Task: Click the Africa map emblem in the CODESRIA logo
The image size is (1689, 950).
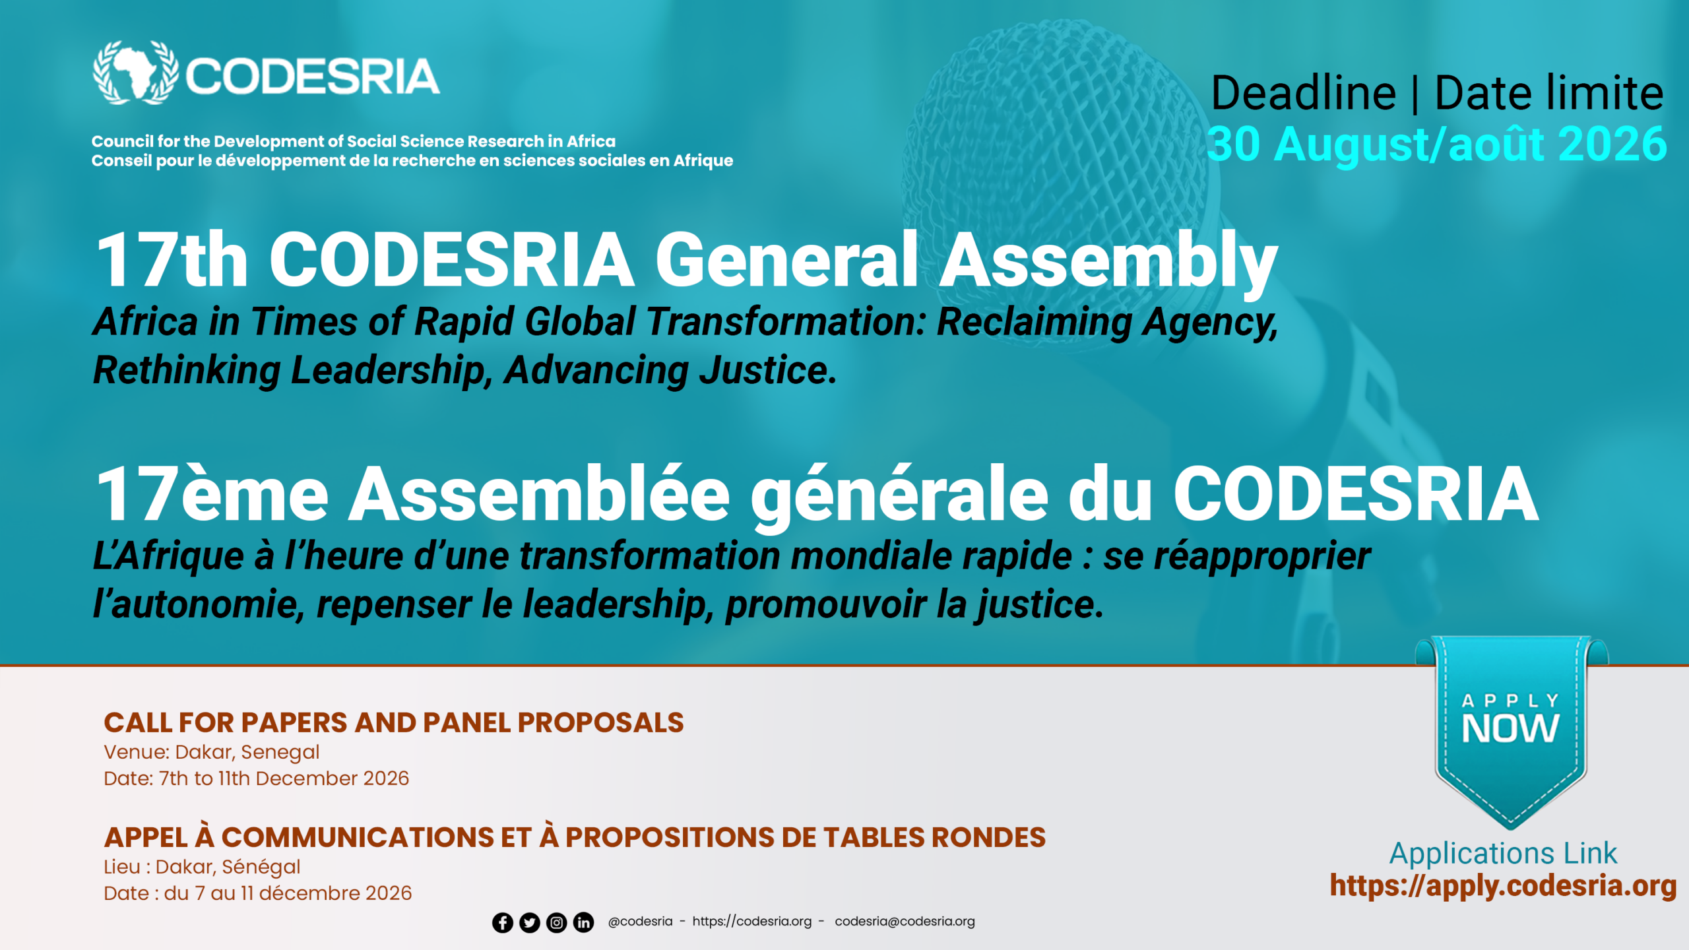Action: [x=135, y=73]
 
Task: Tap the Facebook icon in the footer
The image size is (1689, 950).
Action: [x=503, y=922]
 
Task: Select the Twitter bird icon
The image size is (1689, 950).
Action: [x=530, y=922]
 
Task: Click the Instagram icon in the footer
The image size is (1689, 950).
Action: [x=557, y=922]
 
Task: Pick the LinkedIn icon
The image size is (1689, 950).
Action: [x=583, y=922]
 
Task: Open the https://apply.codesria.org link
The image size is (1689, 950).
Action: [x=1503, y=886]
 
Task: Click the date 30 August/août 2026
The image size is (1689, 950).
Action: [x=1437, y=144]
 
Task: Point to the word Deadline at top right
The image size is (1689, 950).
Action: [x=1304, y=93]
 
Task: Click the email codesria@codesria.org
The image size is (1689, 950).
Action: [x=905, y=922]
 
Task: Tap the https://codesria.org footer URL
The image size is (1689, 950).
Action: [x=751, y=922]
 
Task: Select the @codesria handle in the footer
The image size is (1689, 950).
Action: [x=640, y=922]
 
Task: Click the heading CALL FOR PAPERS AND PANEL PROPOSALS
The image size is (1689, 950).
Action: [x=394, y=723]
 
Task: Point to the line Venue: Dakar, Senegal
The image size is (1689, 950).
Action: [x=212, y=753]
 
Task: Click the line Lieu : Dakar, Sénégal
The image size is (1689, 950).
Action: [x=202, y=868]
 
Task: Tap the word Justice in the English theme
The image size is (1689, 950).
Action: [x=768, y=371]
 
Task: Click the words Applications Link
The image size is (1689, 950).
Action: [x=1503, y=854]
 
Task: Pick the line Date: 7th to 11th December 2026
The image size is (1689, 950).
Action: [x=257, y=779]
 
